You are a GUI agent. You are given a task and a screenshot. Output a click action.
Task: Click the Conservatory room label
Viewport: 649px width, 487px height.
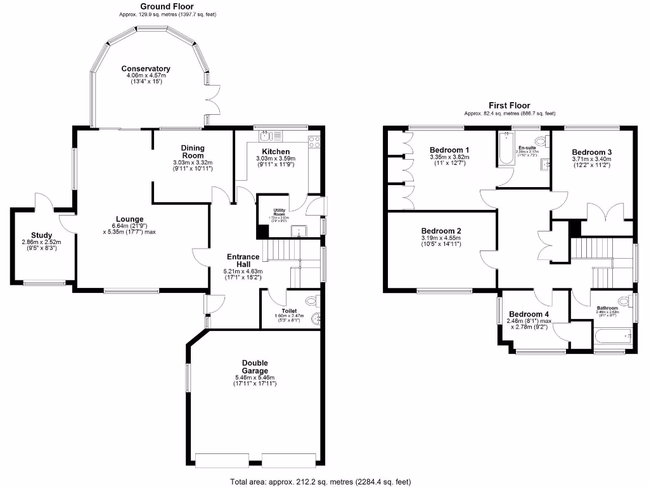point(146,68)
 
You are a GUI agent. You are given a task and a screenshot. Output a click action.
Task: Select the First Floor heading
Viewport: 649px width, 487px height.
point(509,105)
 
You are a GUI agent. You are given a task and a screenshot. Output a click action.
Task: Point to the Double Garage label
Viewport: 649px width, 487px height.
point(255,367)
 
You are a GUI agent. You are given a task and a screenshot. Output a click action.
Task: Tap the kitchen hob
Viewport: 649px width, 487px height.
point(314,142)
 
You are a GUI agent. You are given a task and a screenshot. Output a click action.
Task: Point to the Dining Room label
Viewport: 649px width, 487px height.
point(193,151)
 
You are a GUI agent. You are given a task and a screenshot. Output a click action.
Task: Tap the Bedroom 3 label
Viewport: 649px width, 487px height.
point(591,152)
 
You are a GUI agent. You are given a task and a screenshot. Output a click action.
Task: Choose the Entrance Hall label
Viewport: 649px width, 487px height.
point(244,260)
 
